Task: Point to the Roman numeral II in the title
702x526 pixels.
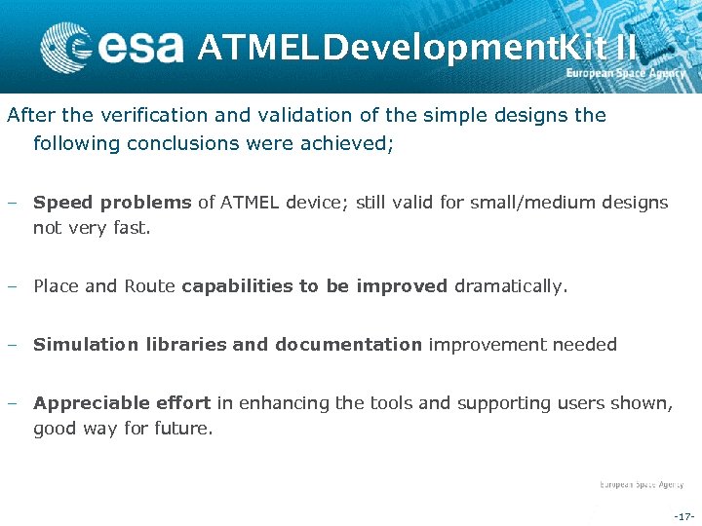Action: [x=626, y=45]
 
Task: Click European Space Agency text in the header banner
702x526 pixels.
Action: [x=626, y=74]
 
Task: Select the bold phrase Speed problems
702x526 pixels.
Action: [x=112, y=203]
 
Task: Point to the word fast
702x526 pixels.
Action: [x=133, y=228]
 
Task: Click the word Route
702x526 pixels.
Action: [x=150, y=286]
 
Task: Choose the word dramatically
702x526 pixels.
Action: [x=510, y=286]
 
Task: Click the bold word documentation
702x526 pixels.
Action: [x=348, y=344]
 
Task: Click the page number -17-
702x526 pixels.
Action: [x=682, y=515]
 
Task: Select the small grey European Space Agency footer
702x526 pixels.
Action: [x=641, y=484]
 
